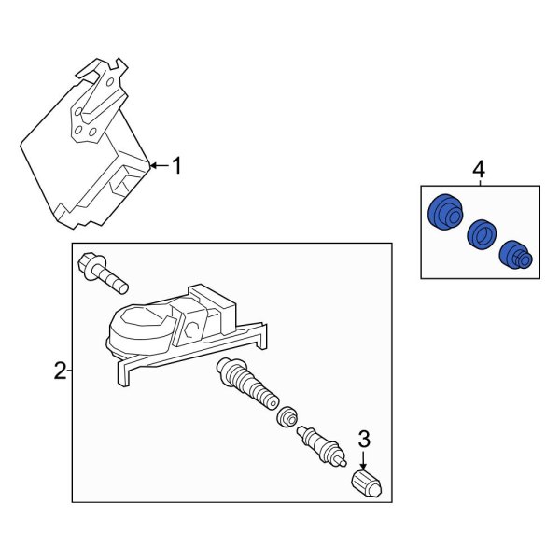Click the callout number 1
[x=177, y=166]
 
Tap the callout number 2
[x=60, y=371]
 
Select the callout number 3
[x=365, y=438]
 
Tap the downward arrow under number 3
[x=365, y=458]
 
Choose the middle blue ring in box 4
[x=481, y=233]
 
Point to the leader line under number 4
[x=479, y=184]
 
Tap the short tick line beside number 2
[x=70, y=371]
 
